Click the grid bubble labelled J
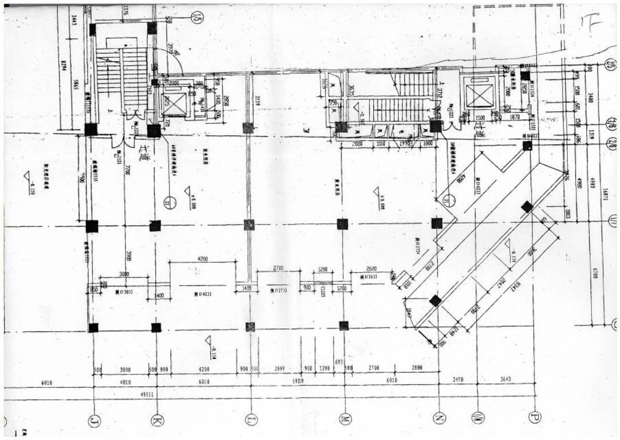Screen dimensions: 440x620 (x=93, y=422)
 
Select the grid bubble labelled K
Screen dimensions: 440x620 (x=156, y=421)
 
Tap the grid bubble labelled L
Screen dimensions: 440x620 (x=250, y=420)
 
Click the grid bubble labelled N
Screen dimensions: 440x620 (x=439, y=418)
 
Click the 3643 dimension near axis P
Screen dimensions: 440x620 (x=505, y=379)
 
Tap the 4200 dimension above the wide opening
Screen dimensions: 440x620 (x=203, y=259)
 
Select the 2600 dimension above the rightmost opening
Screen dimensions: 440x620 (x=371, y=269)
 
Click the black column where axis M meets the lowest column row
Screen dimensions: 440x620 (x=344, y=326)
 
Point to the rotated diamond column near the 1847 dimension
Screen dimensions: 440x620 (x=435, y=300)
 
